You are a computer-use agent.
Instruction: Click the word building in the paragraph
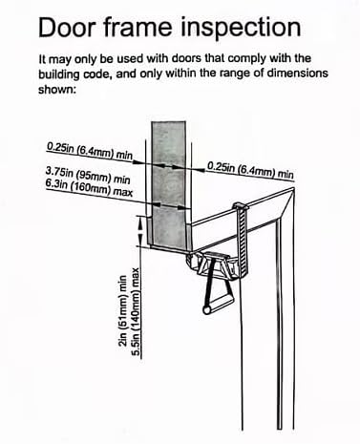coord(63,74)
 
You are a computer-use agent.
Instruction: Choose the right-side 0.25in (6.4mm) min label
coord(249,169)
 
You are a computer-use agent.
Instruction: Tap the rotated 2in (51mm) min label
coord(124,320)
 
